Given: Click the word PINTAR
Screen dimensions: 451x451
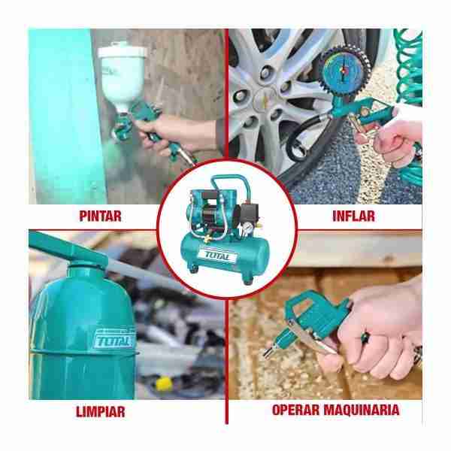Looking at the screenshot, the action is [x=100, y=216].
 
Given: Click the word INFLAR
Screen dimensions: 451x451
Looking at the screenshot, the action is [x=353, y=216].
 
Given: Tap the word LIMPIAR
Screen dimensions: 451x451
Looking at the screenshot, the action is [x=101, y=412].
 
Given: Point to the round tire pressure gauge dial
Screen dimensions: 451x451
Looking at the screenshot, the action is [x=345, y=70].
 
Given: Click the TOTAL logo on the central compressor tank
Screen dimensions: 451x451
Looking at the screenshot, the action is [x=217, y=256].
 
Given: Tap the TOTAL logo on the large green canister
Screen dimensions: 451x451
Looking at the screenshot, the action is [x=114, y=340].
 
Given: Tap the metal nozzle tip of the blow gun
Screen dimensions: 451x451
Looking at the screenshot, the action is [x=268, y=353].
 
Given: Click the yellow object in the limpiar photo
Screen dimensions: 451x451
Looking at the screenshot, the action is [x=164, y=383].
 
